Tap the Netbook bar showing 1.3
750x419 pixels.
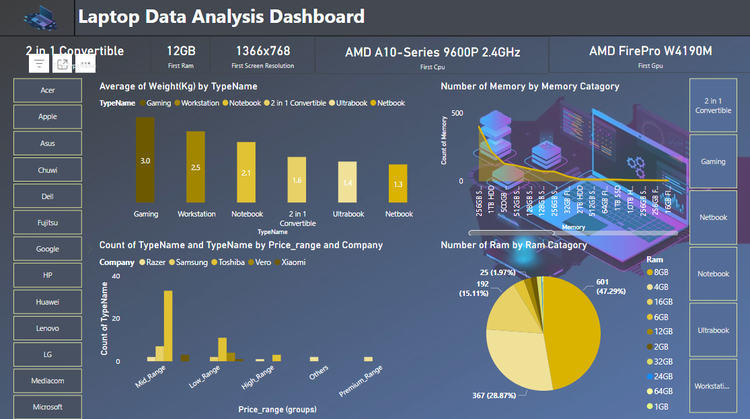pos(398,184)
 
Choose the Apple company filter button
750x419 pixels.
pos(48,116)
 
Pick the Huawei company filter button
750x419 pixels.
pos(48,302)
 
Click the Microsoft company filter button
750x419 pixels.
pos(48,407)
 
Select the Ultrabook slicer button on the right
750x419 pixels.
pos(713,330)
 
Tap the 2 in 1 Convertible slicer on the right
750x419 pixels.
pos(713,106)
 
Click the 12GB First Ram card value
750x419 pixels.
pos(181,51)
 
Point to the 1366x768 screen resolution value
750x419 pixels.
pos(262,51)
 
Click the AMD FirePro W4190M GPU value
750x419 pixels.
pos(650,51)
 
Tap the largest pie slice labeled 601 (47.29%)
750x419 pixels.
pos(572,330)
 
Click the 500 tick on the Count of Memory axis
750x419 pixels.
pos(457,113)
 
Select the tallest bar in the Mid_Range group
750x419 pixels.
pos(168,326)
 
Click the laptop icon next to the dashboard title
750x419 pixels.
pos(40,17)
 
